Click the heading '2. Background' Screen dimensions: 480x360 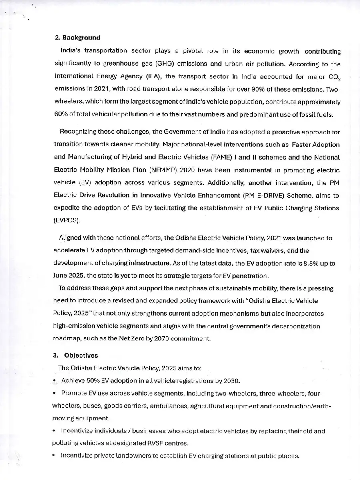(77, 38)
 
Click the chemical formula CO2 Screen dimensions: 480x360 (333, 77)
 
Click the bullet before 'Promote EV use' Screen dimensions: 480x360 (54, 393)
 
